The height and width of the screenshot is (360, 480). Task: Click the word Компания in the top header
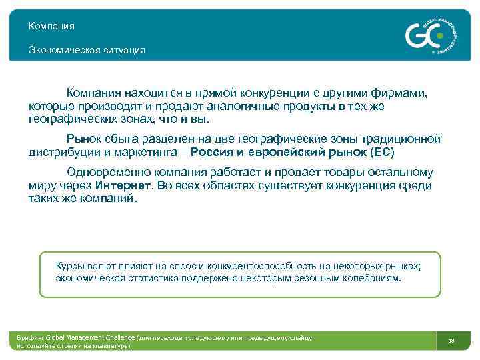[x=51, y=26]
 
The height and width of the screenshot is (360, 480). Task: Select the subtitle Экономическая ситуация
[x=87, y=50]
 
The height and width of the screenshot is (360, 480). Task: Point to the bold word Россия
[x=211, y=152]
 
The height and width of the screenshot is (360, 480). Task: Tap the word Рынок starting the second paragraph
[x=85, y=139]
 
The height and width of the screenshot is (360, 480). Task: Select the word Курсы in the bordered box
[x=70, y=265]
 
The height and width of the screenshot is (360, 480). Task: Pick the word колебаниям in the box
[x=373, y=278]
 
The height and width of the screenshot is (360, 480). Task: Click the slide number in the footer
[x=451, y=341]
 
